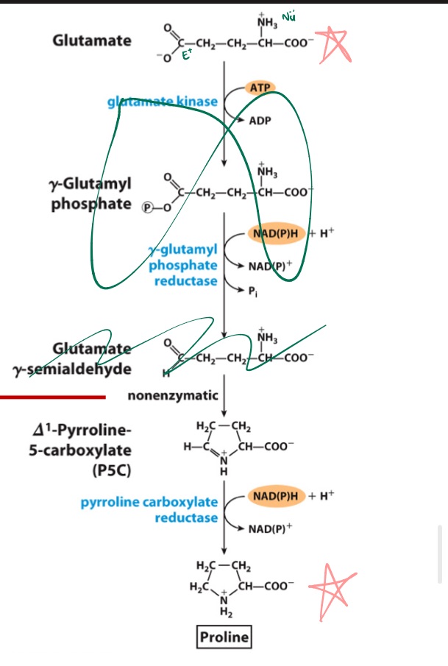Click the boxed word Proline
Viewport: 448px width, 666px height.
pos(224,637)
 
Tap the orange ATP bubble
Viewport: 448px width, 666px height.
pos(261,89)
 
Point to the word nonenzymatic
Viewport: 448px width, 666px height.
pos(173,396)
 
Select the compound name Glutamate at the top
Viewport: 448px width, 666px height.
pos(92,40)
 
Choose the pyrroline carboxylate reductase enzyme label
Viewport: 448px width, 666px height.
pos(149,509)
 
